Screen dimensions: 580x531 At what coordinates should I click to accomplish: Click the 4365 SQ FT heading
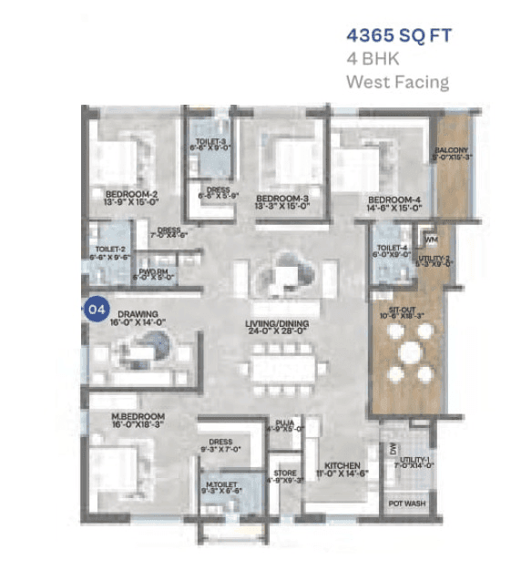pos(399,37)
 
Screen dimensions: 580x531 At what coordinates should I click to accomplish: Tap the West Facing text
pos(397,82)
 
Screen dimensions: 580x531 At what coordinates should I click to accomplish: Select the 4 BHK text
pos(373,60)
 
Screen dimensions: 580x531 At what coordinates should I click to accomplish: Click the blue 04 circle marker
pos(95,310)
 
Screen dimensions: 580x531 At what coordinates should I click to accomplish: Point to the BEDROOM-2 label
pos(131,194)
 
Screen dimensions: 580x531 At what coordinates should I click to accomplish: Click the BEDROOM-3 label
pos(282,198)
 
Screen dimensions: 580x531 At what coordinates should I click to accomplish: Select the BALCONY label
pos(452,149)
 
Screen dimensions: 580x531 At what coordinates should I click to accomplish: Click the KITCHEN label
pos(341,465)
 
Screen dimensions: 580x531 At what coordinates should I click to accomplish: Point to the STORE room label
pos(285,473)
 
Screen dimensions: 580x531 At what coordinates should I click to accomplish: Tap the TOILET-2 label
pos(109,249)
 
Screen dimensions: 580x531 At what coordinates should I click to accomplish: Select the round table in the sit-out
pos(408,351)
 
